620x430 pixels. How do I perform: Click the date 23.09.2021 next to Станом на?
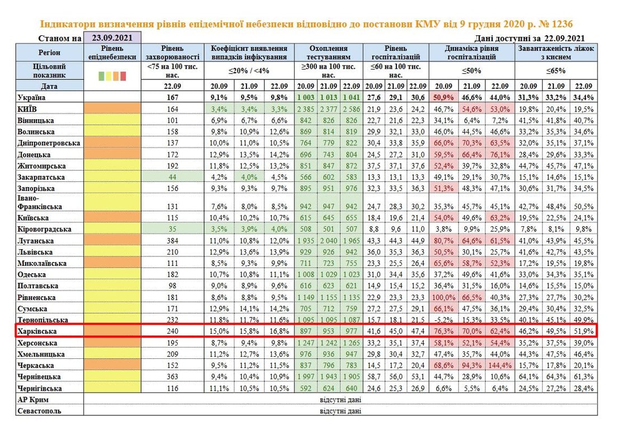(x=112, y=39)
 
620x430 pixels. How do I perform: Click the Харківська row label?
(x=37, y=331)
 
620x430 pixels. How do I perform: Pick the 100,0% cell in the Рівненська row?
(x=443, y=297)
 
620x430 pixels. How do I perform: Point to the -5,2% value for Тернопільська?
(x=444, y=320)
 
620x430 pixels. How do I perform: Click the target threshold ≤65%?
(x=556, y=71)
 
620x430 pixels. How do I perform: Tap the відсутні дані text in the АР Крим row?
(x=340, y=400)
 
